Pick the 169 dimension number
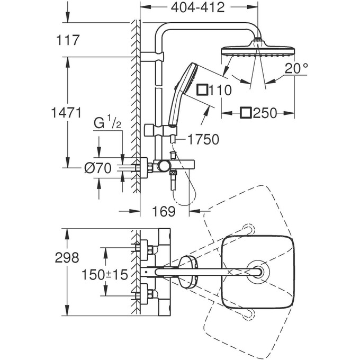click(164, 212)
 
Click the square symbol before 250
click(245, 113)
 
